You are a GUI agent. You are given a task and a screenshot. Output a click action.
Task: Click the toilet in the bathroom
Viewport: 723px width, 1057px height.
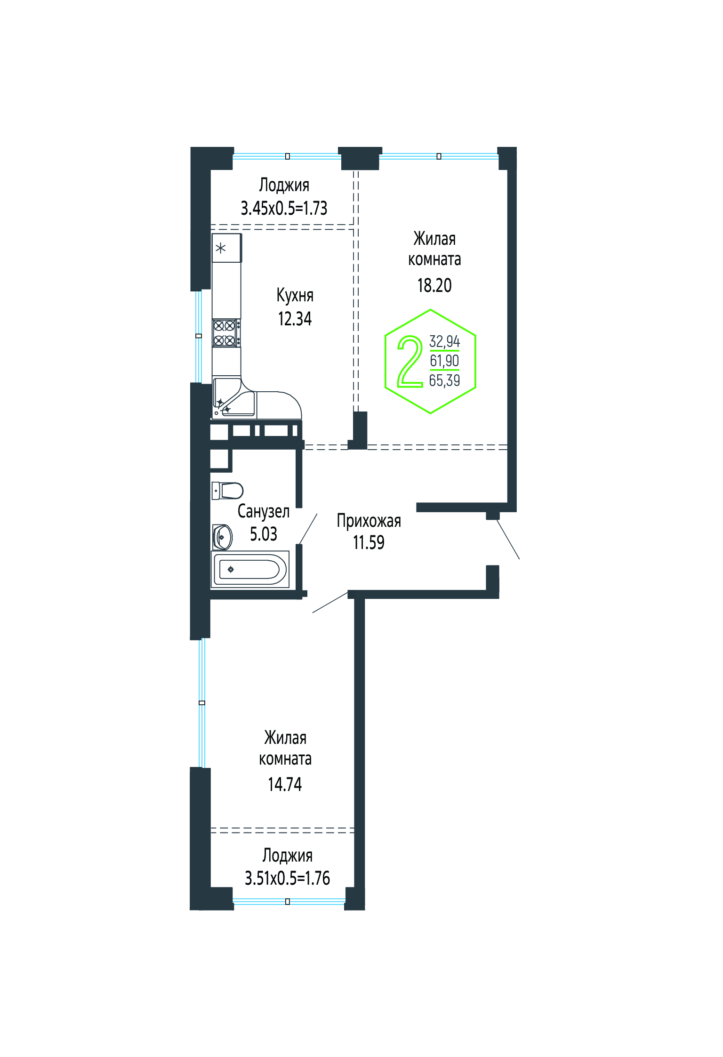[227, 490]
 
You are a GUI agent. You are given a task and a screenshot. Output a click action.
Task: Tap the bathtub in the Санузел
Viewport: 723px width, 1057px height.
[250, 569]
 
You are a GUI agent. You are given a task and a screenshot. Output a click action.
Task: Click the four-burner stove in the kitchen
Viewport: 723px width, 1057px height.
[226, 333]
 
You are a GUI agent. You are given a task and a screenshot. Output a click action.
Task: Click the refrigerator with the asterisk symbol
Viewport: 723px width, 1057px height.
[227, 248]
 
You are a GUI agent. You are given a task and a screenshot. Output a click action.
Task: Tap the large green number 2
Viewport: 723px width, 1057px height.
[410, 362]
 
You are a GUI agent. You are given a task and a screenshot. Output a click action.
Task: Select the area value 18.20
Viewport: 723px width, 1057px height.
[434, 285]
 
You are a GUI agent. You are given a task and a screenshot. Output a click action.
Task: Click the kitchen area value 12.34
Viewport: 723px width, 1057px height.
[295, 319]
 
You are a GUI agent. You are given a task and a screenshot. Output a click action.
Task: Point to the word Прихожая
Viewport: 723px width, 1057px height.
[369, 521]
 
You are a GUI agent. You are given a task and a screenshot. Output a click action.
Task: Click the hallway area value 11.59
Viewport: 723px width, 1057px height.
[369, 542]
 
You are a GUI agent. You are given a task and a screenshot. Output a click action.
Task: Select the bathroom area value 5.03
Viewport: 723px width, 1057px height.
[264, 534]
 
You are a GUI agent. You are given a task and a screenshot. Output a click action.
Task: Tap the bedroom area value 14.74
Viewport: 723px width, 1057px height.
[285, 784]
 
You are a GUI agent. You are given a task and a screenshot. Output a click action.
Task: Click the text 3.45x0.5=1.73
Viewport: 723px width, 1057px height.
[284, 208]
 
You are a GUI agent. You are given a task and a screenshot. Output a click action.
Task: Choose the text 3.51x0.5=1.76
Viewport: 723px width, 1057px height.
[287, 878]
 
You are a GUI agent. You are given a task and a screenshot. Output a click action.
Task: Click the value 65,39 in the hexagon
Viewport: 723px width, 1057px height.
[444, 380]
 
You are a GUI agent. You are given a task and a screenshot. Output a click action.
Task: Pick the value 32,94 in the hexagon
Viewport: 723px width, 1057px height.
[444, 341]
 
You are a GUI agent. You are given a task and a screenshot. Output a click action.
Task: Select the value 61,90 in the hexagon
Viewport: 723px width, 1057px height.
[444, 361]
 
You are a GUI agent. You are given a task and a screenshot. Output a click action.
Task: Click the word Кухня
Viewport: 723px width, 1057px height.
[295, 296]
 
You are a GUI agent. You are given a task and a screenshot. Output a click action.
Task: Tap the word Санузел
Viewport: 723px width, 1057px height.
[264, 511]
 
